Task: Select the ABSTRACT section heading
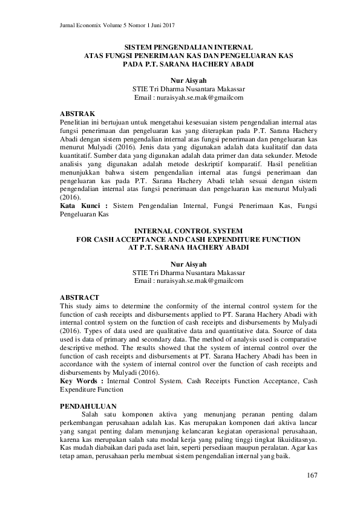click(x=81, y=297)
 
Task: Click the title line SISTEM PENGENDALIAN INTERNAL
click(x=188, y=47)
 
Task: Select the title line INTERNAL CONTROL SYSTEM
click(x=188, y=230)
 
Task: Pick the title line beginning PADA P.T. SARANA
click(x=188, y=63)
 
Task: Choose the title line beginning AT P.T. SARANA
click(x=188, y=247)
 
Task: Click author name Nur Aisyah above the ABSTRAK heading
click(x=188, y=79)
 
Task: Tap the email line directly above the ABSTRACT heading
click(x=188, y=280)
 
